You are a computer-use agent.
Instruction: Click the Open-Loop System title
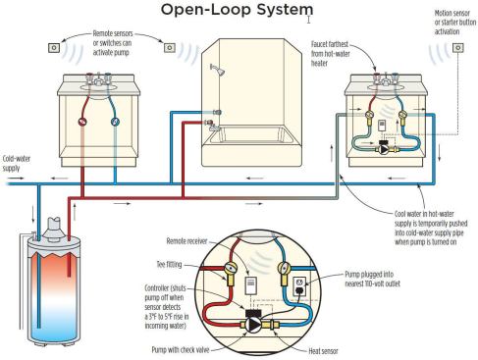[x=237, y=10]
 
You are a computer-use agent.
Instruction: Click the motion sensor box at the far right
[x=458, y=48]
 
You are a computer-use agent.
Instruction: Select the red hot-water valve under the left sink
[x=82, y=122]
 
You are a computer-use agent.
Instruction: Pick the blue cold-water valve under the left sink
[x=115, y=122]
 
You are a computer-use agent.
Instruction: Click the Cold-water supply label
[x=17, y=163]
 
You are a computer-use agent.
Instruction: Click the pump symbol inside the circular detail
[x=253, y=325]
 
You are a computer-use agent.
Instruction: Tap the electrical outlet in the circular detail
[x=299, y=285]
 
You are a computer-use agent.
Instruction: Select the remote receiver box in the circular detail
[x=251, y=285]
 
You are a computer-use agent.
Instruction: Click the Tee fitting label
[x=169, y=264]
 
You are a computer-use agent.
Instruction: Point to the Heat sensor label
[x=323, y=351]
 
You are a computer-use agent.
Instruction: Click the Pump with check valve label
[x=180, y=349]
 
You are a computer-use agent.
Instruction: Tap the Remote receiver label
[x=186, y=241]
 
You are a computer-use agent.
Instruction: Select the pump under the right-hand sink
[x=384, y=149]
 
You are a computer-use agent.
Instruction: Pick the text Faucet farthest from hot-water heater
[x=330, y=53]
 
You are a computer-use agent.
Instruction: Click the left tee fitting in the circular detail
[x=231, y=272]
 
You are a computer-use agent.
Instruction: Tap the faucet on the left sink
[x=98, y=79]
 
